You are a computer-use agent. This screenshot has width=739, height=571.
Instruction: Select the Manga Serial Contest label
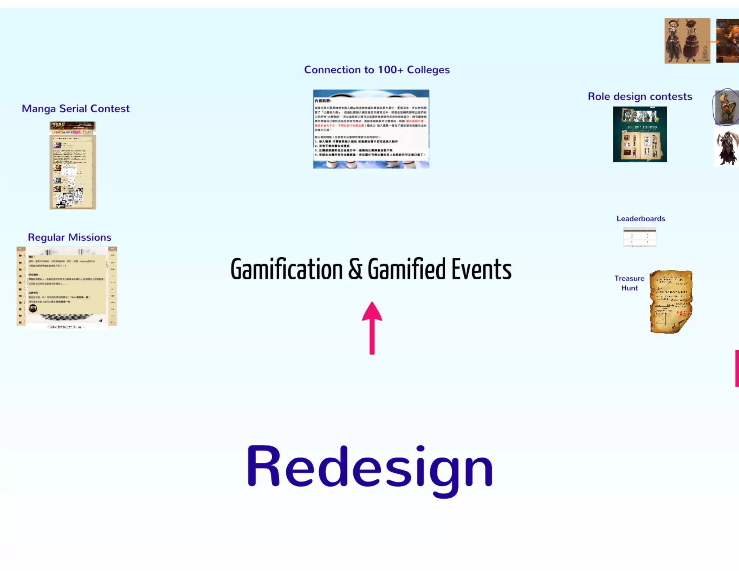pyautogui.click(x=75, y=109)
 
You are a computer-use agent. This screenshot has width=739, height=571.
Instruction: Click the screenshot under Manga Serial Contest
pyautogui.click(x=73, y=165)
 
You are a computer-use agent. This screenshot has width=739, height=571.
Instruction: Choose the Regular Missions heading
pyautogui.click(x=70, y=237)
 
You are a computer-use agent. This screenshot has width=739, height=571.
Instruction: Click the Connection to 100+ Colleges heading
pyautogui.click(x=377, y=70)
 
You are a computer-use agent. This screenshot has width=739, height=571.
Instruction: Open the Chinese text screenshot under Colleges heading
pyautogui.click(x=371, y=129)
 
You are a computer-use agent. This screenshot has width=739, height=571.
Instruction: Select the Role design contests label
pyautogui.click(x=640, y=97)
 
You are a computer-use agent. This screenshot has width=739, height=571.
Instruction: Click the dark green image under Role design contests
pyautogui.click(x=640, y=134)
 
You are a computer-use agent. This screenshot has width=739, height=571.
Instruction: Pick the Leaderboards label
pyautogui.click(x=640, y=219)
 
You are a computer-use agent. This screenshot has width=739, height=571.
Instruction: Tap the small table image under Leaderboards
pyautogui.click(x=639, y=237)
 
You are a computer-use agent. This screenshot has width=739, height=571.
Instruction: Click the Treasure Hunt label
pyautogui.click(x=629, y=283)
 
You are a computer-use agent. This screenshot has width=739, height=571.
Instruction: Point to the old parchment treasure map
pyautogui.click(x=671, y=302)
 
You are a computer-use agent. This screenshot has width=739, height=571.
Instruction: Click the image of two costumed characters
pyautogui.click(x=687, y=41)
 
